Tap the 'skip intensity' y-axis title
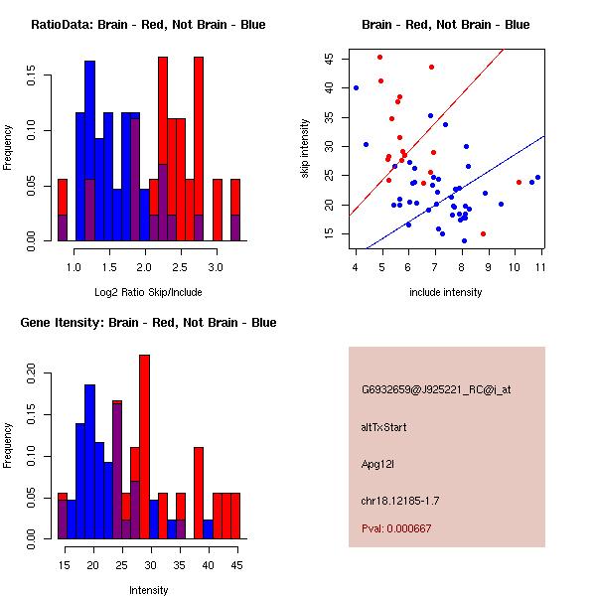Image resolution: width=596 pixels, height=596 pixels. pos(307,148)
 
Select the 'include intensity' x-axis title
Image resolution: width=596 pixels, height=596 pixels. pos(446,292)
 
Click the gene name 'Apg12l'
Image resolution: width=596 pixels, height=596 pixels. pos(378,464)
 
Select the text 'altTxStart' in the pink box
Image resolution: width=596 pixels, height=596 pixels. pos(384,427)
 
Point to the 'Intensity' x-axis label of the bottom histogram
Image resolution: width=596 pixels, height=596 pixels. pos(148,590)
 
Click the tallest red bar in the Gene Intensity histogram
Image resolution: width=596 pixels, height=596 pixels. pos(144,447)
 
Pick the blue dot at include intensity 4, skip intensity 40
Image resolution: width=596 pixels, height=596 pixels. pos(356,87)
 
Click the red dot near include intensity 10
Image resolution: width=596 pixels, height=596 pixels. pos(519,182)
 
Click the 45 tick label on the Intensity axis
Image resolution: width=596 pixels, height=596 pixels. pos(235,564)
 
